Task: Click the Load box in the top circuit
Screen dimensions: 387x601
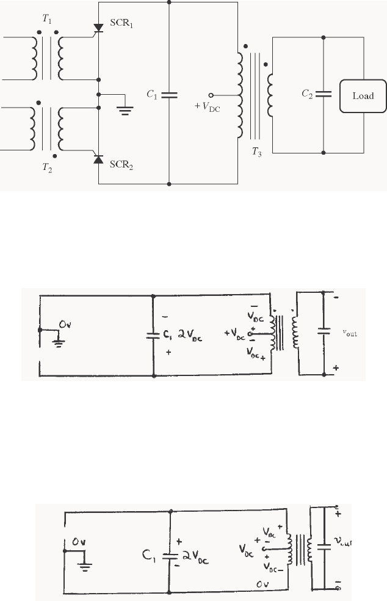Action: (x=363, y=96)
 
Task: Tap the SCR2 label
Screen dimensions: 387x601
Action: (x=122, y=164)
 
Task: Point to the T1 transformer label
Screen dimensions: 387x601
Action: (x=47, y=19)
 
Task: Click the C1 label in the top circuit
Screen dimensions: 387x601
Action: (x=151, y=95)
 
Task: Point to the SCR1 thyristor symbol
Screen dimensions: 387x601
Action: (x=98, y=28)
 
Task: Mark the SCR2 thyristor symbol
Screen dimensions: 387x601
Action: (x=98, y=160)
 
